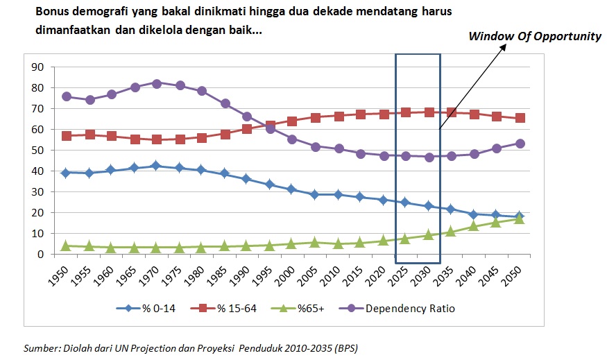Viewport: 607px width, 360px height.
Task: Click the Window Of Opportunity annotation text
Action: (534, 36)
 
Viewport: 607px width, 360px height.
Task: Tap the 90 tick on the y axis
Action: (38, 67)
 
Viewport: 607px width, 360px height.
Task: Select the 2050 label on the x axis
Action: (515, 273)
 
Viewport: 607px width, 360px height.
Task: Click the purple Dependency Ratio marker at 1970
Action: (157, 83)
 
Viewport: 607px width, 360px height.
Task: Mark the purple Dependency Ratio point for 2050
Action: (520, 144)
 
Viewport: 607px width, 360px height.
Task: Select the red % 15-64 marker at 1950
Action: (67, 136)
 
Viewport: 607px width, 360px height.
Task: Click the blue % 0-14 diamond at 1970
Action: (157, 166)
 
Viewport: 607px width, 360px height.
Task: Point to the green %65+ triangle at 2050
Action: (520, 218)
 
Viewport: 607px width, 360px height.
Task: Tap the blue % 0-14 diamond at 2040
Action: (475, 214)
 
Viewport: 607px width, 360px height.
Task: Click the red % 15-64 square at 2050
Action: (520, 118)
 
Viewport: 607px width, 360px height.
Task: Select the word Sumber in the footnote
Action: (41, 347)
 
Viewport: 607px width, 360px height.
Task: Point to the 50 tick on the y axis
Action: (38, 151)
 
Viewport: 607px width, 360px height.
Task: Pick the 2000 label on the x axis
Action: (288, 273)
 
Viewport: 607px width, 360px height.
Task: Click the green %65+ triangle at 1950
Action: (67, 246)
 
